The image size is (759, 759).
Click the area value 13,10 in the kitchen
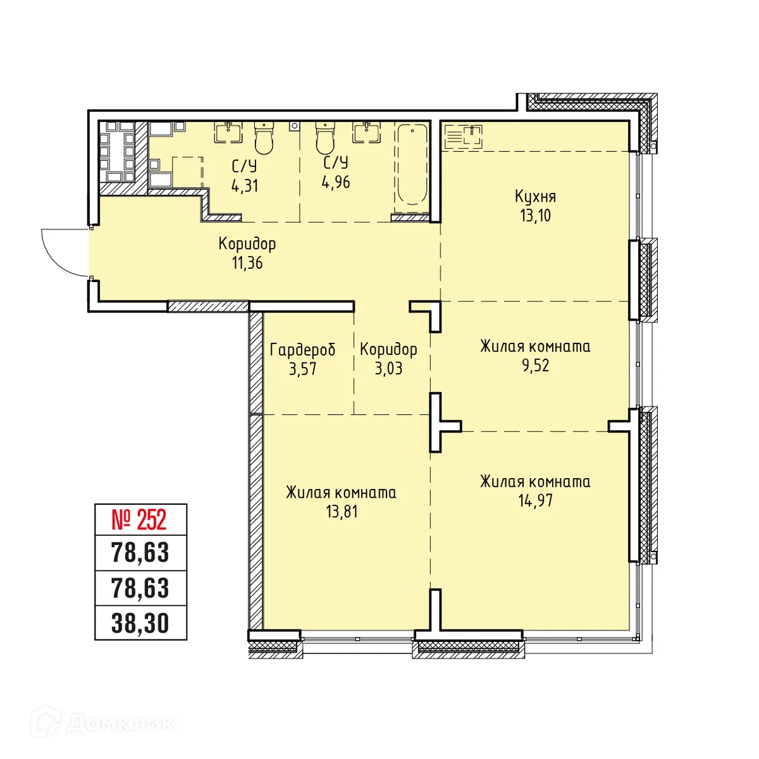pos(535,216)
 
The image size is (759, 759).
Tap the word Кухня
pos(535,196)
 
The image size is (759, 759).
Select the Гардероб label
pos(302,350)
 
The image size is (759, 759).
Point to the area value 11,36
pos(247,263)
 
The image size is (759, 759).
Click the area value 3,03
pos(388,369)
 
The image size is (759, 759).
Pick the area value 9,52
pos(535,366)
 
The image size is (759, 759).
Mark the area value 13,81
pos(342,512)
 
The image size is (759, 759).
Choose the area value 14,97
pos(535,501)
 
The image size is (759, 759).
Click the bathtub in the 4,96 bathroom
pos(412,166)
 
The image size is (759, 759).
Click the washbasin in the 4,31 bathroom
pos(228,132)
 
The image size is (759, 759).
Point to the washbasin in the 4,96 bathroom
pos(367,132)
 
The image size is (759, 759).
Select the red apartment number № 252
pos(140,520)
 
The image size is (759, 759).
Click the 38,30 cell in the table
pos(140,624)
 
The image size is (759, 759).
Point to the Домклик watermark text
pos(120,723)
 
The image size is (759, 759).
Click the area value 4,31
pos(244,187)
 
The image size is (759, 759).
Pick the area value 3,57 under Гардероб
pos(302,369)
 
